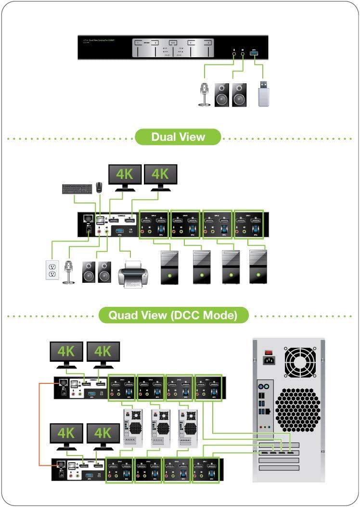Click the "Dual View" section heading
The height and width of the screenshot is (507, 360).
[x=178, y=137]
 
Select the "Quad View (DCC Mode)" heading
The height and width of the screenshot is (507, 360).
[x=173, y=316]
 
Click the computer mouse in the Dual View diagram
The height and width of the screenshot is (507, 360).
[x=99, y=187]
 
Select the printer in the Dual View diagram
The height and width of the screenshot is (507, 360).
[x=131, y=273]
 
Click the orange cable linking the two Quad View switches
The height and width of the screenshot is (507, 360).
[x=39, y=423]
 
